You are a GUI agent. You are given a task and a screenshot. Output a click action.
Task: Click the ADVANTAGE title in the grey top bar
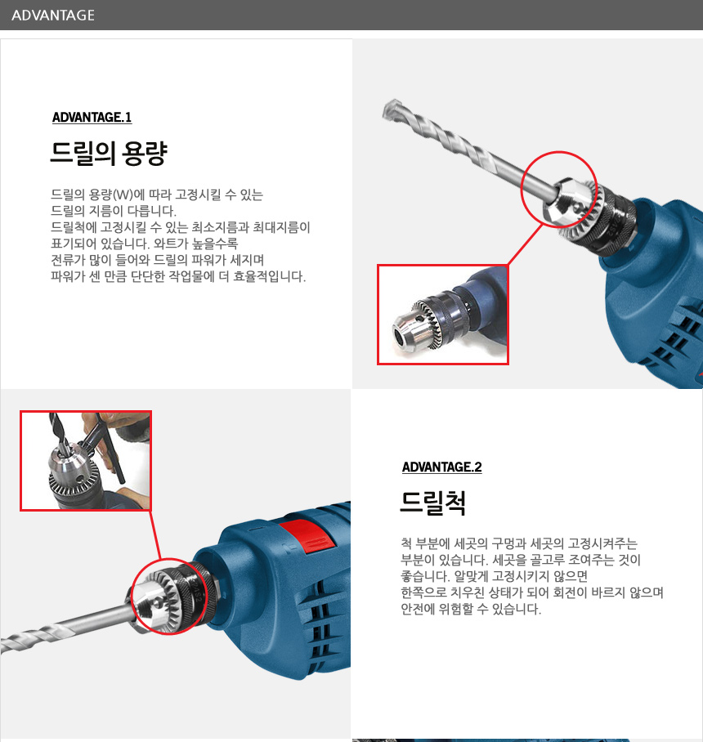coord(53,16)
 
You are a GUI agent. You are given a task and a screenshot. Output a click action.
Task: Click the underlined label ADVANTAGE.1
coord(92,118)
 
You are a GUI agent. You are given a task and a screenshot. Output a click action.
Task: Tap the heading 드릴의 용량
coord(109,153)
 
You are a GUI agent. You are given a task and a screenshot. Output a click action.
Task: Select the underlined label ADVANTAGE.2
coord(441,467)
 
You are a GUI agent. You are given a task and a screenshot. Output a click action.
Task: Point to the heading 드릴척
coord(433,503)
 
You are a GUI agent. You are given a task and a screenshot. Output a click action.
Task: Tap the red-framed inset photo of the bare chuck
coord(442,315)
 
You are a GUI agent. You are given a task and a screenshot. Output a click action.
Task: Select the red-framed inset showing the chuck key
coord(86,461)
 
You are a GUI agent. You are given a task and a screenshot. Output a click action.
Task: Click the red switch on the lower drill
coord(307,536)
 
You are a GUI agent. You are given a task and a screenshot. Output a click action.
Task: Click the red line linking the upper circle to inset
coord(525,244)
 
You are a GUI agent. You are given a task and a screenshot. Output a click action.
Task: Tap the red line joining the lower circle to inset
coord(155,534)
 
